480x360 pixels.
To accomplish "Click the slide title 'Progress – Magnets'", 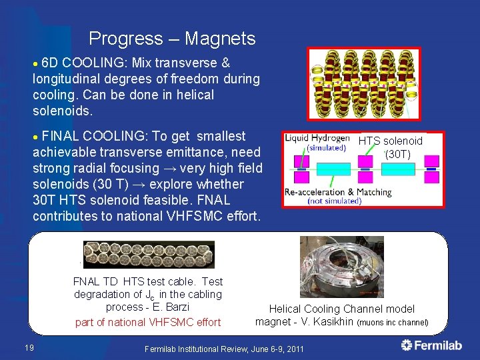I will point(172,39).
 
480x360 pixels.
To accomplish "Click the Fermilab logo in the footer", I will point(432,345).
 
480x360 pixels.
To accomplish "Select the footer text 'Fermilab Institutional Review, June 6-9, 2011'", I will point(224,349).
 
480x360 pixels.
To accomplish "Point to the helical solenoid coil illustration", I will point(364,84).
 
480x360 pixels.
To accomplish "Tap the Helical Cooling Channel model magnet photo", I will point(341,267).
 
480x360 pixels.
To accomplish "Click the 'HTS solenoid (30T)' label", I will point(391,147).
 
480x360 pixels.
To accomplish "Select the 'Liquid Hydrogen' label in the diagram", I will point(317,138).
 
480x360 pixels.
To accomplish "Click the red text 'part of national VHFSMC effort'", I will point(147,323).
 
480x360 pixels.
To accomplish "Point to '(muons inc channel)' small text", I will point(393,323).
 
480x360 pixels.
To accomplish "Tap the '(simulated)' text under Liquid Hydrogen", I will point(326,147).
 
